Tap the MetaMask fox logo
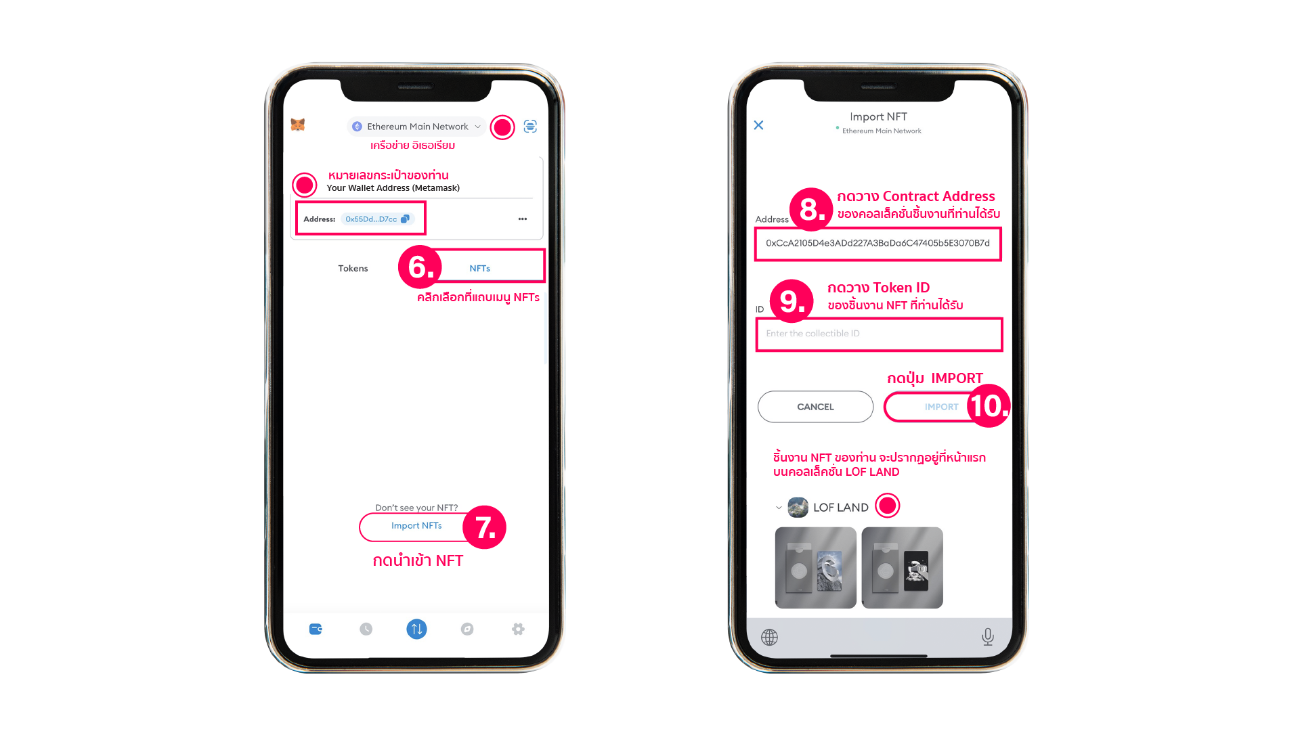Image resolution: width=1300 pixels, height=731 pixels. coord(298,125)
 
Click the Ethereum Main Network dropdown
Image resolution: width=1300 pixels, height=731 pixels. coord(416,127)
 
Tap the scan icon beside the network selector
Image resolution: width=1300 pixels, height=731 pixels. coord(530,126)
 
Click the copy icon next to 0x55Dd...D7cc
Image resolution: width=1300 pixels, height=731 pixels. coord(405,219)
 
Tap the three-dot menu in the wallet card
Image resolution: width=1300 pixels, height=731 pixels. coord(523,219)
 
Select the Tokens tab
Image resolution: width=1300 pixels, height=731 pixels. coord(353,269)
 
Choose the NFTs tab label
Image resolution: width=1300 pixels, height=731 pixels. coord(479,269)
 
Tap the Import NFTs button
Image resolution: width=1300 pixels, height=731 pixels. coord(416,526)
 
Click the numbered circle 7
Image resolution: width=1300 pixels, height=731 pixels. coord(485,527)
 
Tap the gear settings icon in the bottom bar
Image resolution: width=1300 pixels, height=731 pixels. coord(518,629)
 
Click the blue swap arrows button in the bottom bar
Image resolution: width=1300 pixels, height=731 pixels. coord(416,629)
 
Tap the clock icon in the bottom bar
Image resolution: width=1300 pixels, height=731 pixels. coord(366,629)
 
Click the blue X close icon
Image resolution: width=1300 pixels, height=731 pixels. coord(759,125)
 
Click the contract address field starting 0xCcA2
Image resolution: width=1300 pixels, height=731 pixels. coord(878,244)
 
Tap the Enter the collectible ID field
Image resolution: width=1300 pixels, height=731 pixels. coord(879,334)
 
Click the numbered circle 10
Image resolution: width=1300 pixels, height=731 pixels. coord(989,406)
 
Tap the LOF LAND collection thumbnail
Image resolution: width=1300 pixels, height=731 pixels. coord(798,508)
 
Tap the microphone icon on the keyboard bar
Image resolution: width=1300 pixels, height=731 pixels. coord(988,637)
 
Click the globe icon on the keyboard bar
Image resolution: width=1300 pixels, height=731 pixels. coord(769,637)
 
